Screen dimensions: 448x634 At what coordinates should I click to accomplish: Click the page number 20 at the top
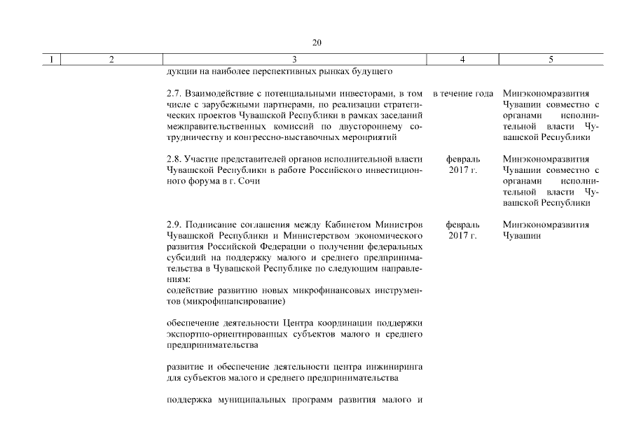317,43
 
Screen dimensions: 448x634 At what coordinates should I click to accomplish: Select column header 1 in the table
51,59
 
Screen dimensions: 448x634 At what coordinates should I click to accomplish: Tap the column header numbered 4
462,59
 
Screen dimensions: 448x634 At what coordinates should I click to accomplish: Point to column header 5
551,59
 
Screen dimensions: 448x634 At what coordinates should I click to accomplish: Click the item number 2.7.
174,93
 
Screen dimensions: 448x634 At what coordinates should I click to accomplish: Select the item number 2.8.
174,159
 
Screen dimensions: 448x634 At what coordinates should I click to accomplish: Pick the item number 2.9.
174,225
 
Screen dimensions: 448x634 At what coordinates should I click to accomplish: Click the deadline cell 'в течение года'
462,93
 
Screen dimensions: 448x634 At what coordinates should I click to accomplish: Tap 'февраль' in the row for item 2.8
462,159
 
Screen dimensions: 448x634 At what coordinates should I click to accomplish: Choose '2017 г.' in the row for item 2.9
462,236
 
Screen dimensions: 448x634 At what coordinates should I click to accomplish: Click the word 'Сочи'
249,181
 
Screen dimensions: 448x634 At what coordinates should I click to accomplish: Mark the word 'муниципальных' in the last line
243,400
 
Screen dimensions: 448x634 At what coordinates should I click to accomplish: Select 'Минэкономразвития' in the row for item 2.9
546,225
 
